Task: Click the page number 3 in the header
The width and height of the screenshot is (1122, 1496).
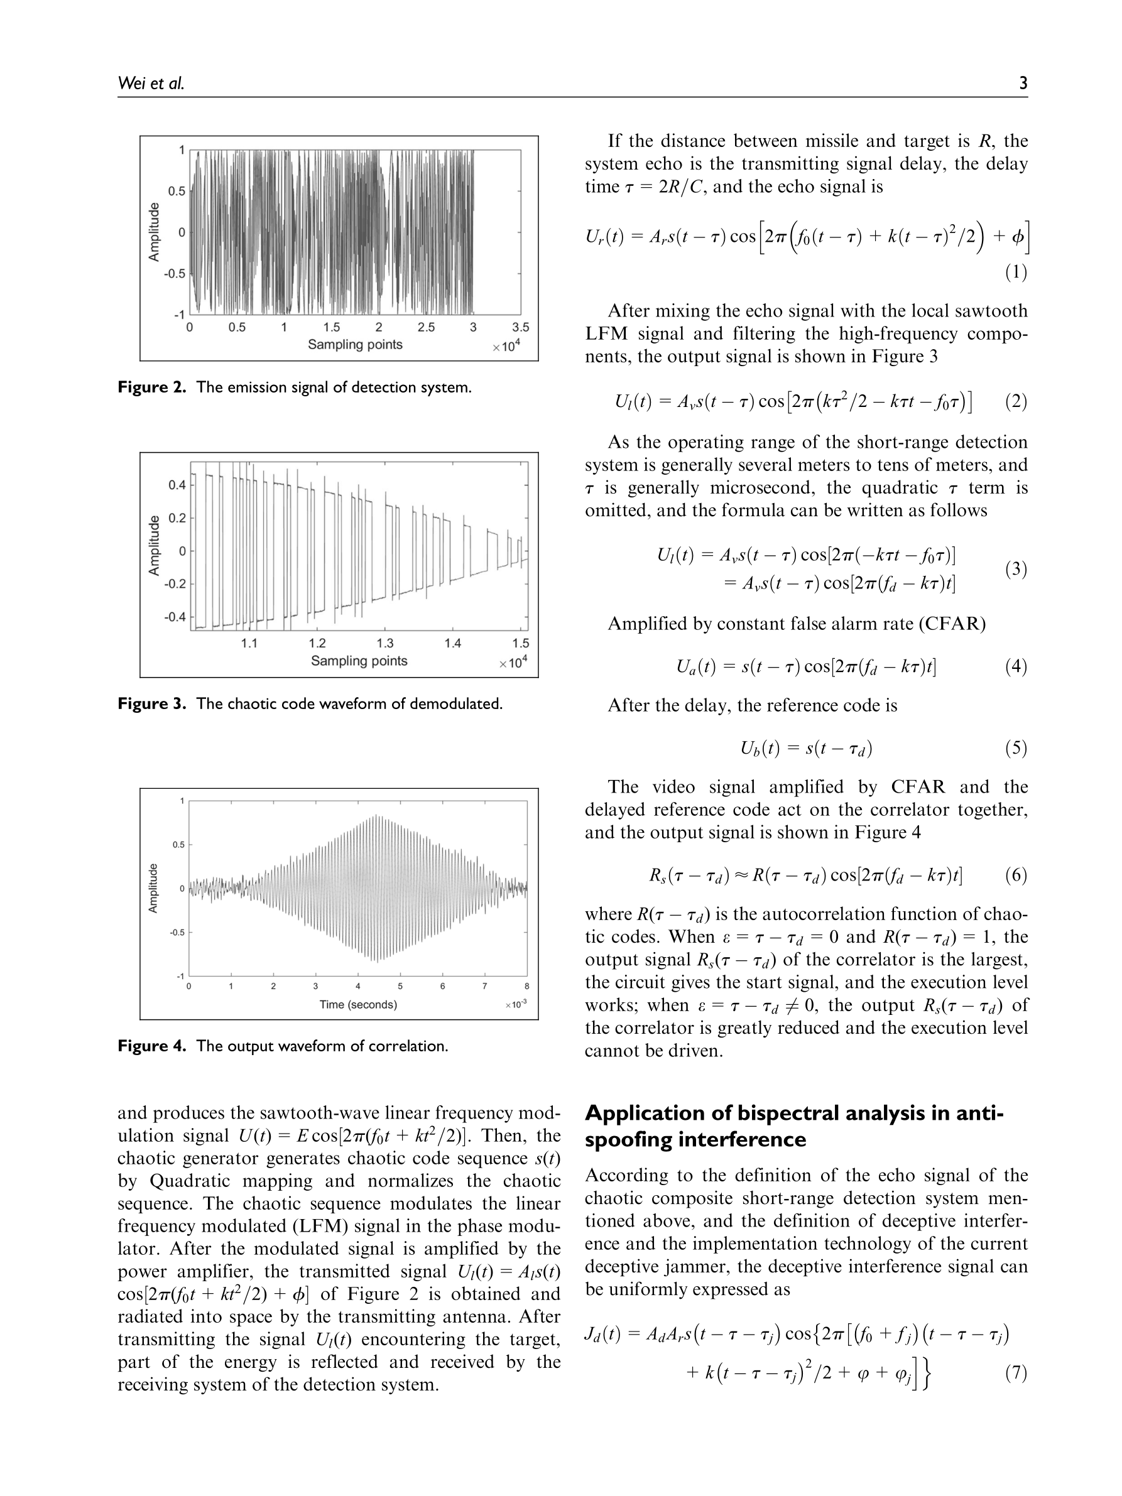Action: (1023, 83)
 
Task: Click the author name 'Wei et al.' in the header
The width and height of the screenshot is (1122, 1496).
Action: (151, 83)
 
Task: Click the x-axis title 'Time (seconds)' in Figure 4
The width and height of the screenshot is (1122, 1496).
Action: (357, 1004)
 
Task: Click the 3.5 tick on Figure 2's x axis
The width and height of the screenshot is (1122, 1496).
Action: (520, 328)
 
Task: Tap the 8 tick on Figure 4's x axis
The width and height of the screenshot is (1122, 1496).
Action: (527, 986)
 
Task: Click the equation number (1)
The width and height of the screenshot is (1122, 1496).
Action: (1015, 272)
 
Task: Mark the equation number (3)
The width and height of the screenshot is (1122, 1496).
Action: (1015, 569)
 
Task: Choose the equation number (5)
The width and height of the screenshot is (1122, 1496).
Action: (1015, 748)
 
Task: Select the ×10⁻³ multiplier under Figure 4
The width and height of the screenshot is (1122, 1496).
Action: (515, 1005)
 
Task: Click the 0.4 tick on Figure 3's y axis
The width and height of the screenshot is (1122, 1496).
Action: (177, 485)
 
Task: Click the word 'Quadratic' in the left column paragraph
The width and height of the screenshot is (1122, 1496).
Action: (187, 1181)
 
